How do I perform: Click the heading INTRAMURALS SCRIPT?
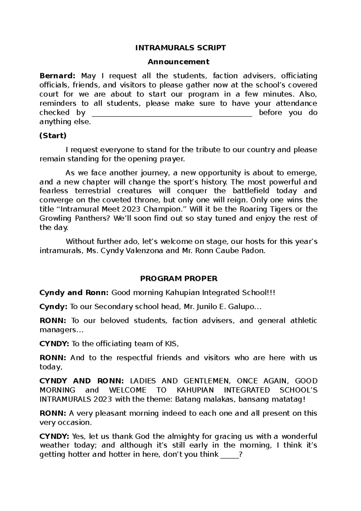coord(180,48)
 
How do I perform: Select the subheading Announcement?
coord(178,62)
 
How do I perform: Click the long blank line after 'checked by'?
coord(171,113)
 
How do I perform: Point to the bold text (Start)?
coord(53,136)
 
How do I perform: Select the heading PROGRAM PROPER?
coord(179,278)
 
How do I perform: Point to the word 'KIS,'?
coord(171,344)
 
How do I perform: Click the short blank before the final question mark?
coord(229,454)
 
